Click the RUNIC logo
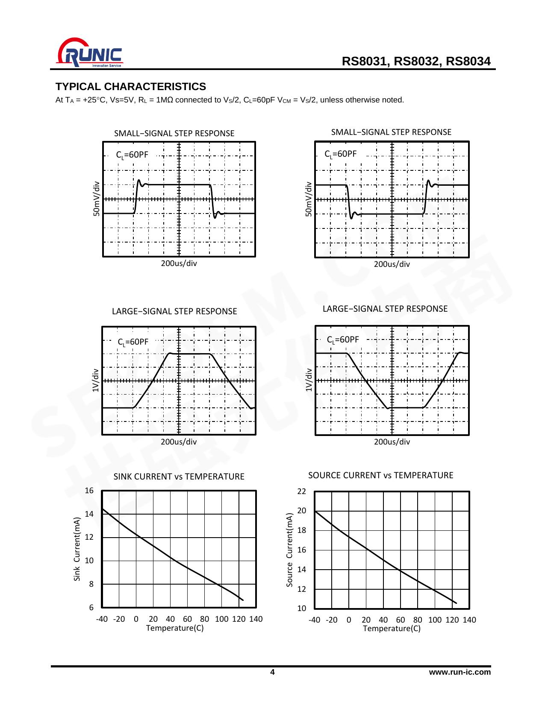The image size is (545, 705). pos(89,54)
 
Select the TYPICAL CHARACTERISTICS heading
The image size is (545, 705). pos(131,87)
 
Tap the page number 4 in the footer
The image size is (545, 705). pos(272,673)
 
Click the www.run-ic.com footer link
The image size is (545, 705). pos(460,673)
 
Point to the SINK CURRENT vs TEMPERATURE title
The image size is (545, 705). pos(179,477)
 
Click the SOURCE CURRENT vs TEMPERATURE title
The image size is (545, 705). pos(380,475)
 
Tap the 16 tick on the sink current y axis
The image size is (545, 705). pos(89,491)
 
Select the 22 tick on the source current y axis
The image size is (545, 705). pos(302,491)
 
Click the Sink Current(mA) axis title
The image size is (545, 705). pos(77,549)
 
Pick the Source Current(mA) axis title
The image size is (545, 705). pos(290,550)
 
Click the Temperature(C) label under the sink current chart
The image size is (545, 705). pos(174,628)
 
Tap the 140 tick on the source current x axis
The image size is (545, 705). pos(469,620)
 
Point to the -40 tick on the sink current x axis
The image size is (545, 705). pos(102,619)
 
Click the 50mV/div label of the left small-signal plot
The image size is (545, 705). pos(97,199)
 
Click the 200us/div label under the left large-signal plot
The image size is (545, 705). pos(179,442)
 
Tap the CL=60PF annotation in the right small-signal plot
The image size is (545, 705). pos(340,154)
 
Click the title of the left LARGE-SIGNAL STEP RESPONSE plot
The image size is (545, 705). pos(174,311)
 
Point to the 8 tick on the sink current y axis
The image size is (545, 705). pos(91,584)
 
